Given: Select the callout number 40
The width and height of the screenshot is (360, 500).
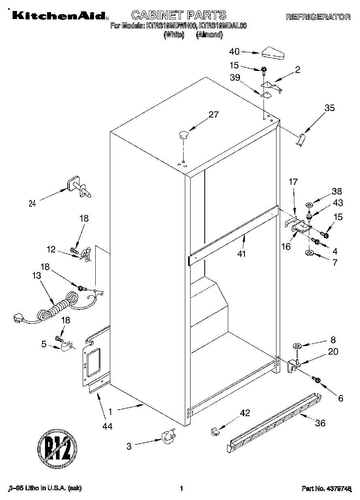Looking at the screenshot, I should (235, 51).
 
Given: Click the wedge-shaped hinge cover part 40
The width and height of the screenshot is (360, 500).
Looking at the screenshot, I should (274, 53).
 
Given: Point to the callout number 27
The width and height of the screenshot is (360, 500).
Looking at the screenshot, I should (213, 115).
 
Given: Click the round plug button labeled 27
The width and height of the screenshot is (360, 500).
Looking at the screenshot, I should (183, 134).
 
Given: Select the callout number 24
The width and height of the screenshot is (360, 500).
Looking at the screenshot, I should (32, 204).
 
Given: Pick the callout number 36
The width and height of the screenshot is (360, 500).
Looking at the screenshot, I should (320, 423).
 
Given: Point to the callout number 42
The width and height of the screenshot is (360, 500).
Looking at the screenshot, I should (245, 413).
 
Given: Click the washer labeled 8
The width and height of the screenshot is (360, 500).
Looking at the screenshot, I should (296, 346).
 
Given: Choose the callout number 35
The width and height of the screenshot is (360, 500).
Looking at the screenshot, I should (330, 108).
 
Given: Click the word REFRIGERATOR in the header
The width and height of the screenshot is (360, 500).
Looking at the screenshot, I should (318, 17).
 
